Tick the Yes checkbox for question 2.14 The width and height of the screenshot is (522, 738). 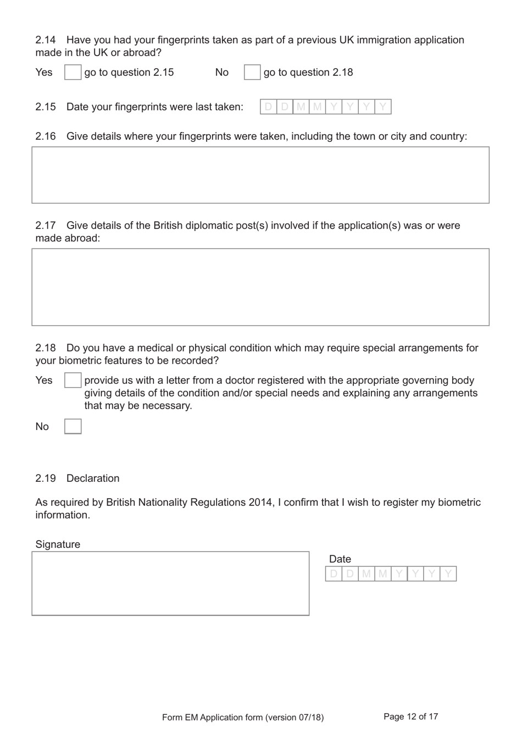[x=73, y=72]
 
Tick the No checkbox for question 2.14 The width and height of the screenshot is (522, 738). [x=252, y=72]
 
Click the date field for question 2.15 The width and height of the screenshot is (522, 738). [x=325, y=107]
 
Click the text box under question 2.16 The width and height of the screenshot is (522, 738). [x=260, y=175]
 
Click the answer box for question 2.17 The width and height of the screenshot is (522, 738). [x=260, y=287]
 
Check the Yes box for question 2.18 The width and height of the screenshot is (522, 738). [x=73, y=380]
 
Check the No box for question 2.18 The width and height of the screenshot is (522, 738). [x=73, y=426]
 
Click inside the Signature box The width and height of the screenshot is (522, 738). [x=170, y=583]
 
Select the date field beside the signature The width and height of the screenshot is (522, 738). [x=391, y=574]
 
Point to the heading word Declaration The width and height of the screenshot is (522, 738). [x=93, y=478]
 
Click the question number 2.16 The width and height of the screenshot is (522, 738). [x=46, y=136]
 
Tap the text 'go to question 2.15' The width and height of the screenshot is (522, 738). [x=129, y=73]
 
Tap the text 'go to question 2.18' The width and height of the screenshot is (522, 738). [x=308, y=73]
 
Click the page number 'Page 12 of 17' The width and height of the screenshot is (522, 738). [x=410, y=717]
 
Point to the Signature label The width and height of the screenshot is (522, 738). [x=58, y=544]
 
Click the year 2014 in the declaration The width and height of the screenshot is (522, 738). [x=260, y=503]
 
